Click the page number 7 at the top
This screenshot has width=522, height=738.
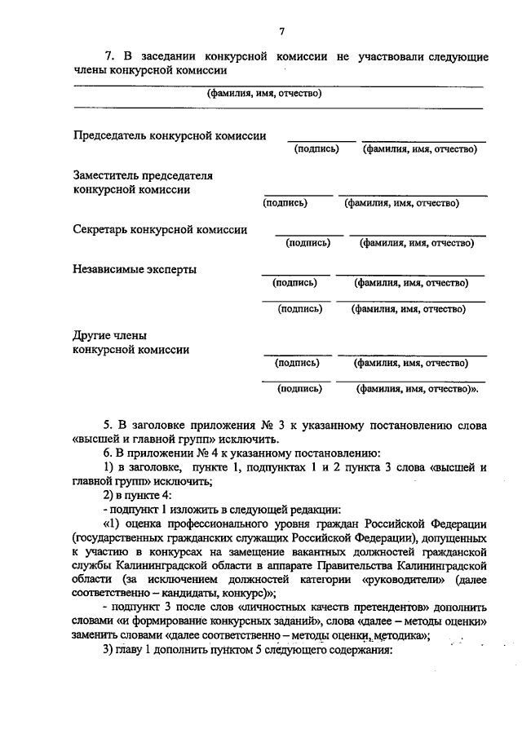281,32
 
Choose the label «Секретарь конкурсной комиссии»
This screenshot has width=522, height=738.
160,229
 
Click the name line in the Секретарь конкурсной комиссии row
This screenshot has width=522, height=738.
417,235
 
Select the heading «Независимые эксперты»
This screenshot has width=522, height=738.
135,269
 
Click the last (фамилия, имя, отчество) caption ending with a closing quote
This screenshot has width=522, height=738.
417,389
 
